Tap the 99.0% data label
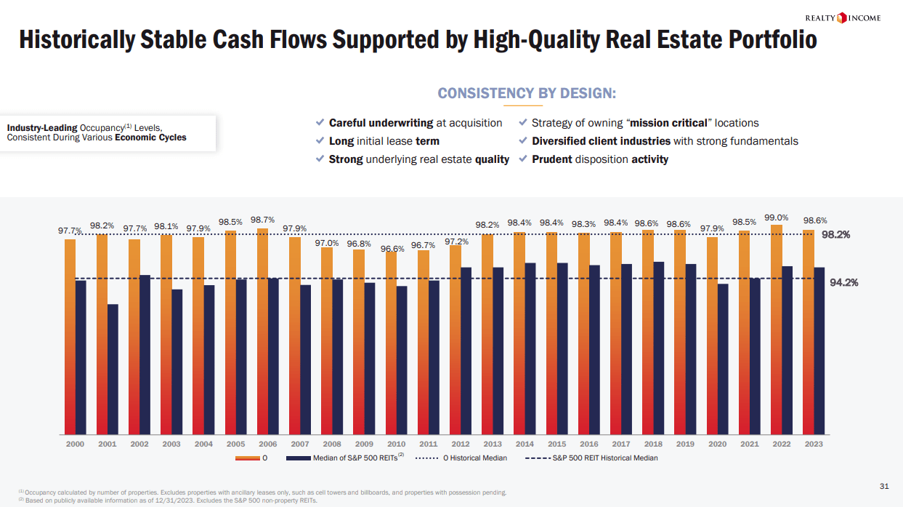(x=777, y=217)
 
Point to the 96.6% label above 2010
(x=392, y=249)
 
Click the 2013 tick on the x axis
(x=493, y=444)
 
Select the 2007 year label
(x=300, y=444)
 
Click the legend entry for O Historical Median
(x=466, y=458)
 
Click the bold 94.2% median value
(x=844, y=283)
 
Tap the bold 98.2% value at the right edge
(x=835, y=235)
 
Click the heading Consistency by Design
(x=527, y=93)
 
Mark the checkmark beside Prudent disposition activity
(x=523, y=159)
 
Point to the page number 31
(x=884, y=485)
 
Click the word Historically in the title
(x=76, y=40)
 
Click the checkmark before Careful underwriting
(x=320, y=122)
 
